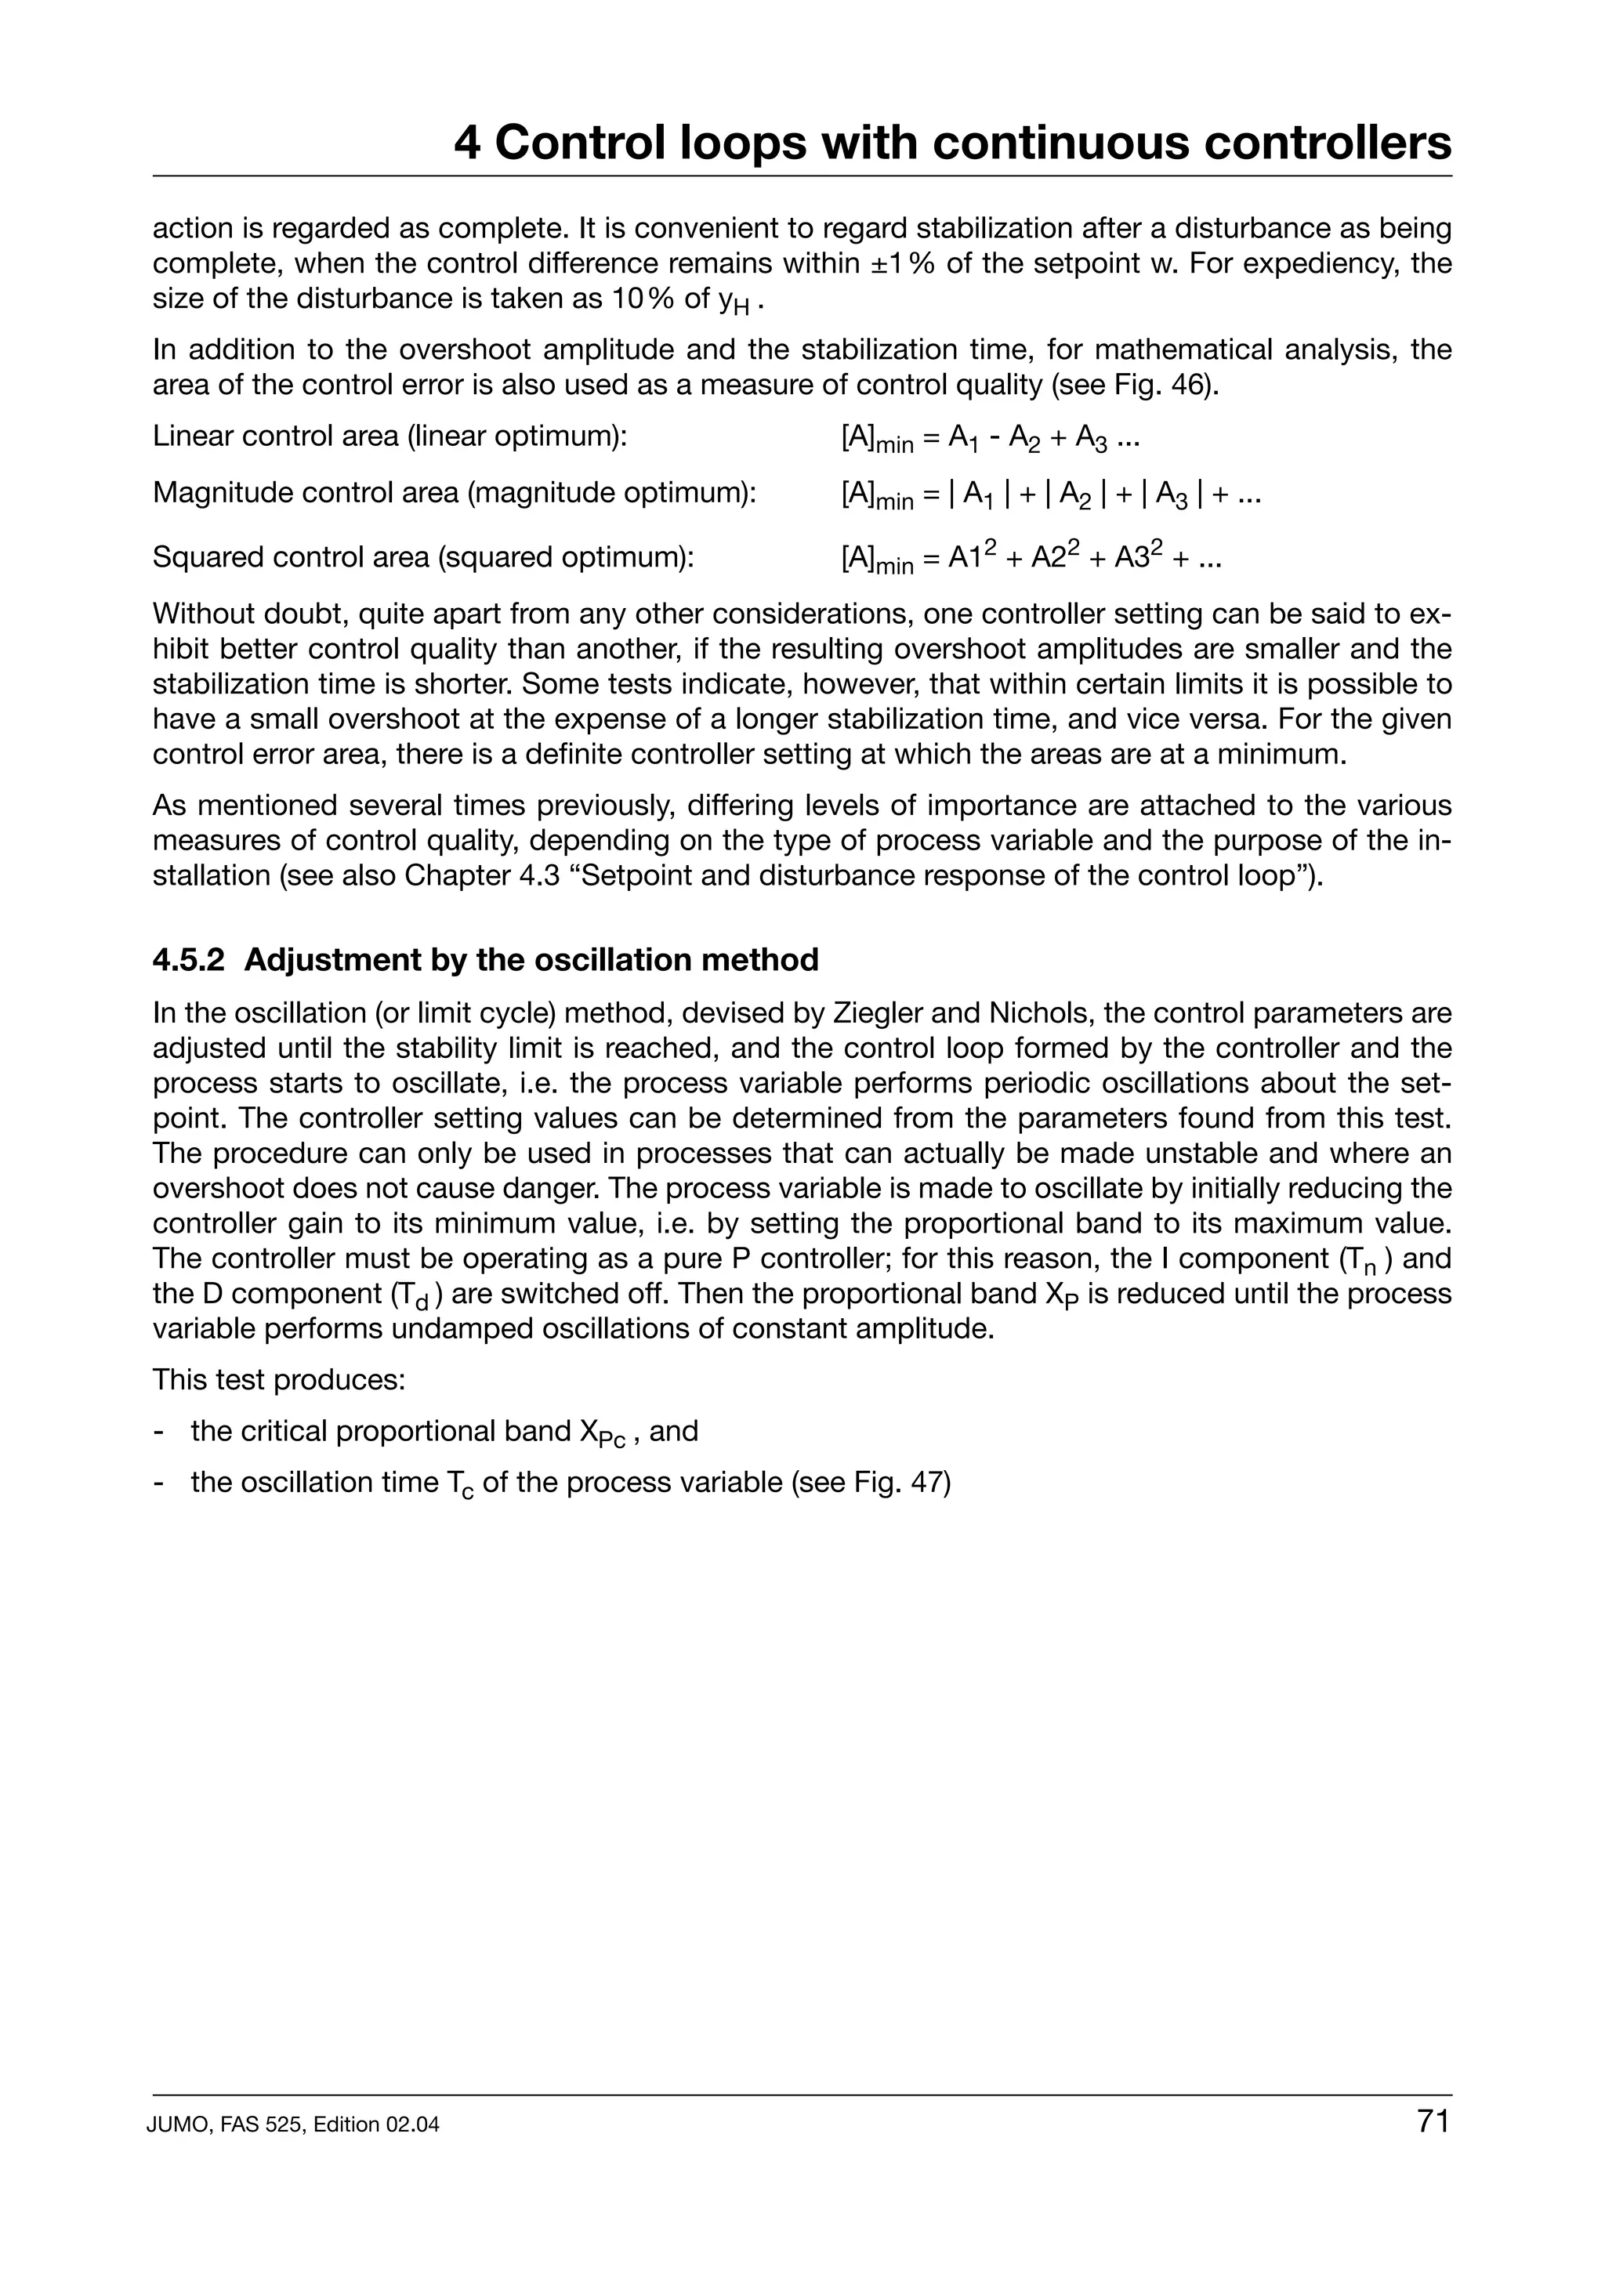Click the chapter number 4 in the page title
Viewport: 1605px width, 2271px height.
(x=468, y=143)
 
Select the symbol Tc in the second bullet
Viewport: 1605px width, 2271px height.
(x=460, y=1485)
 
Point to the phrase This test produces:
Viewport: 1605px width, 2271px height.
(x=279, y=1380)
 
